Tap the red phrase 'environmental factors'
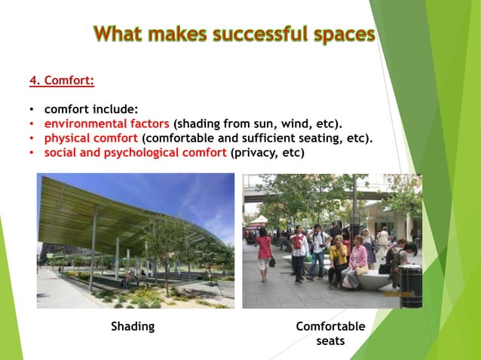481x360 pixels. pyautogui.click(x=106, y=124)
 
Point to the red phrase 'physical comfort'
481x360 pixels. pyautogui.click(x=90, y=138)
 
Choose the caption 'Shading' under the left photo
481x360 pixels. pyautogui.click(x=133, y=326)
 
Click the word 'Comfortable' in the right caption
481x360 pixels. pyautogui.click(x=330, y=326)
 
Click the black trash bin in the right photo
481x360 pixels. pyautogui.click(x=411, y=285)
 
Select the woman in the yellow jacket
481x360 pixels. pyautogui.click(x=339, y=260)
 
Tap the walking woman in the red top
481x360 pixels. pyautogui.click(x=264, y=252)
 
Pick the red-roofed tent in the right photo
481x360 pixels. pyautogui.click(x=259, y=221)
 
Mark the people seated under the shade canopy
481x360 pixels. pyautogui.click(x=133, y=276)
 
